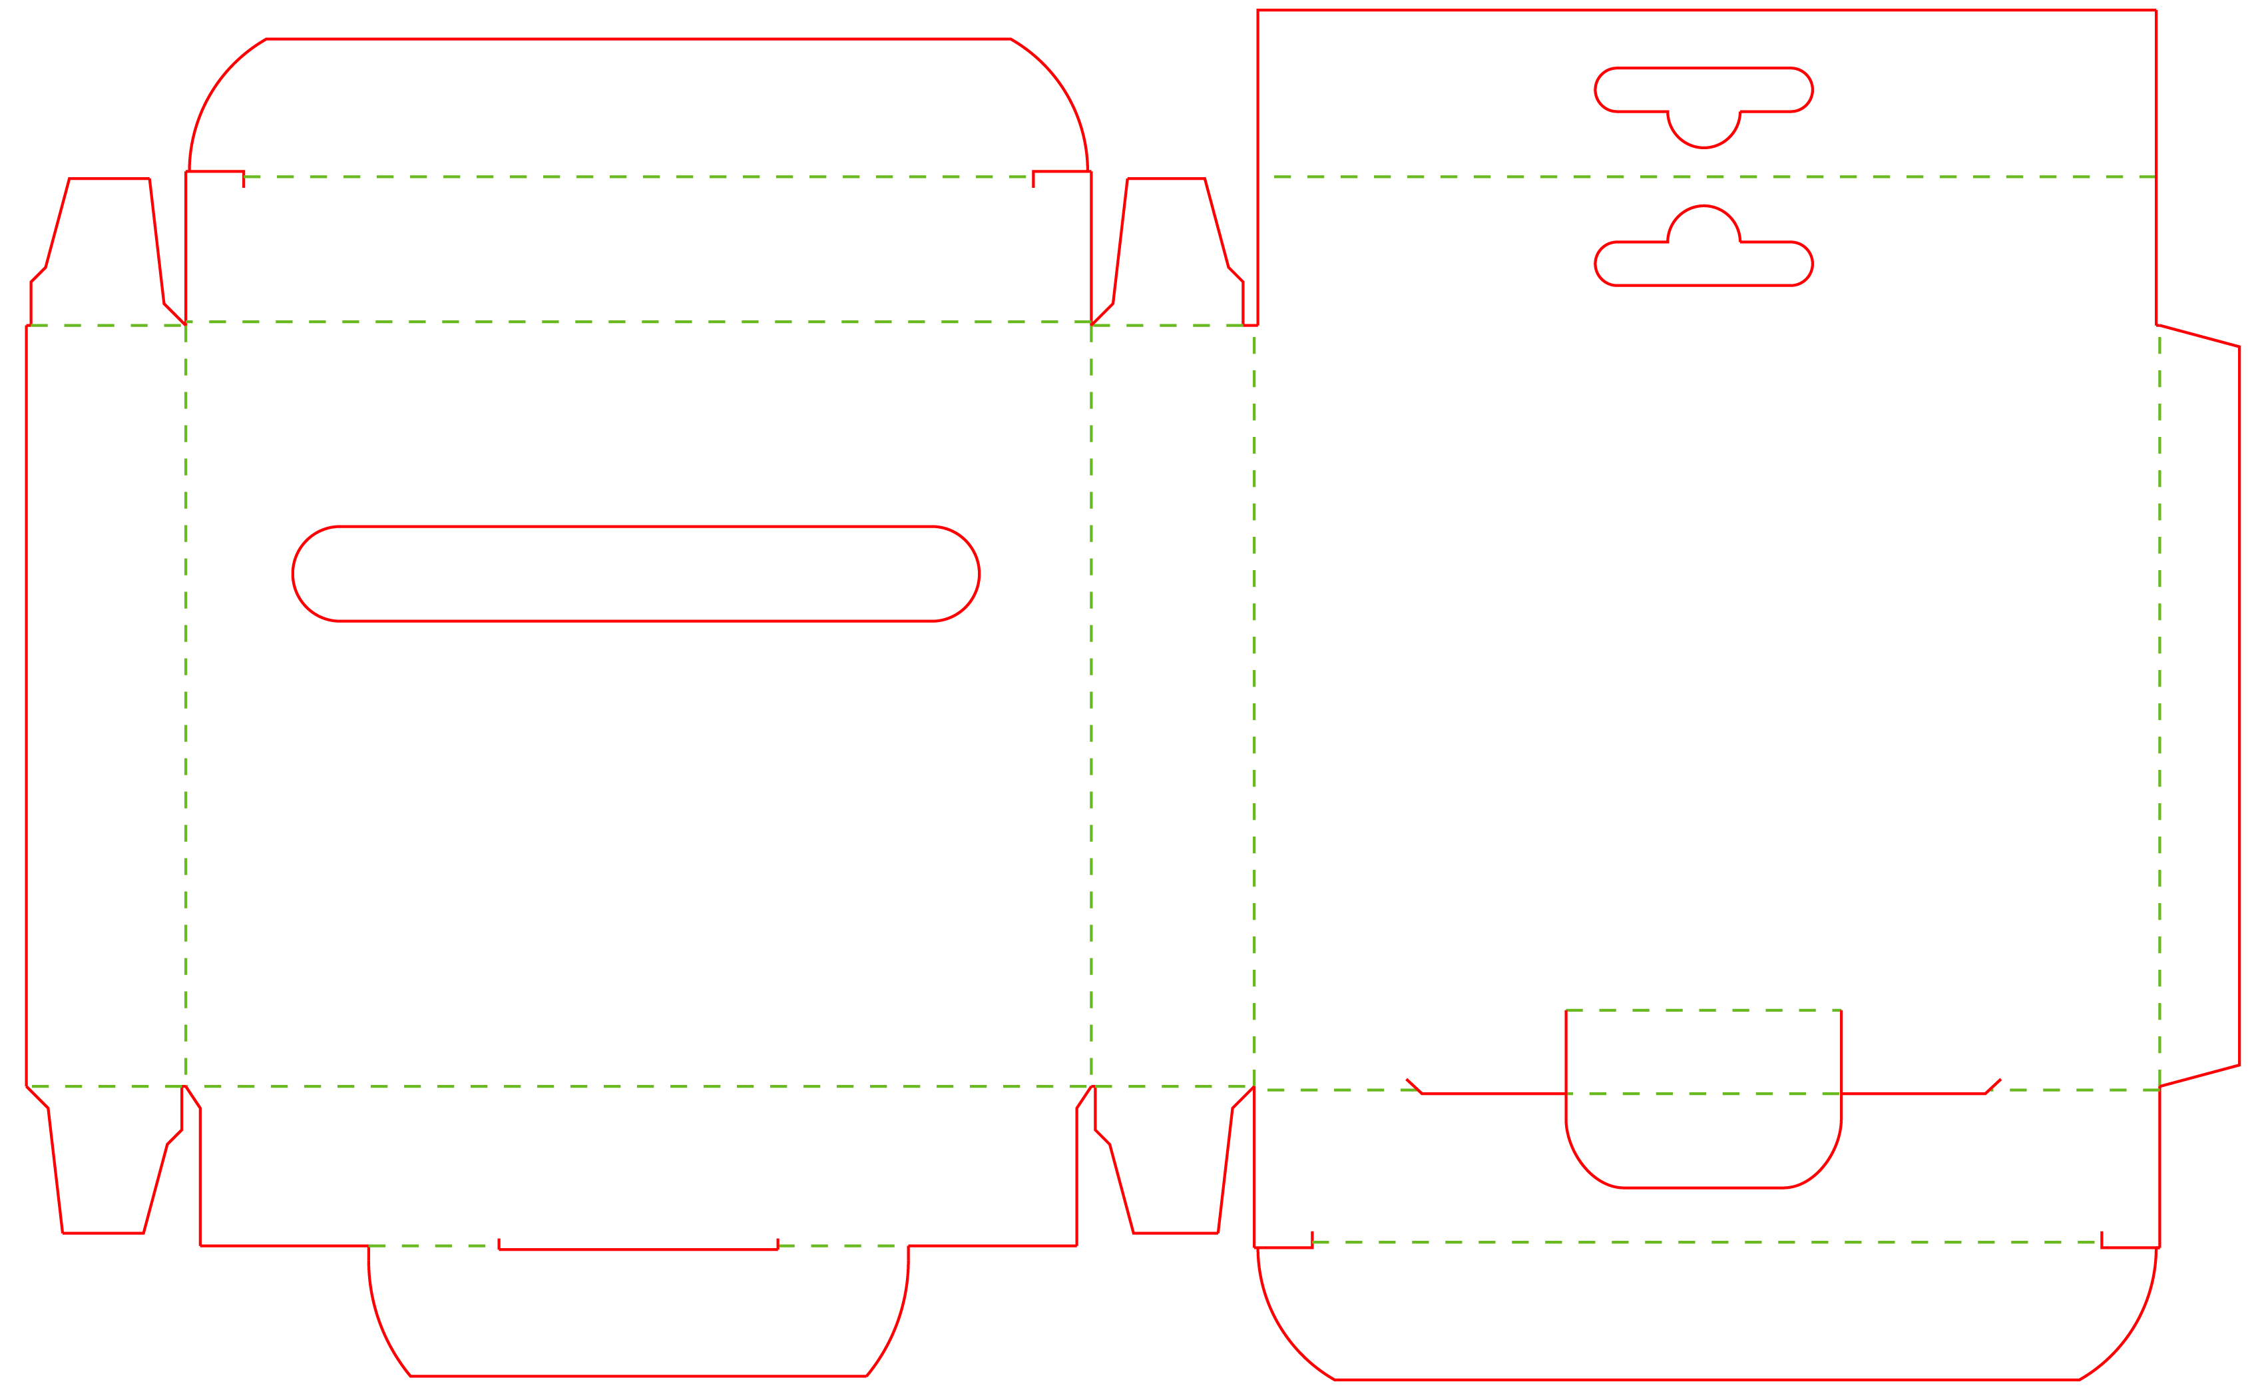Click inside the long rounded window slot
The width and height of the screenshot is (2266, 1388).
tap(634, 574)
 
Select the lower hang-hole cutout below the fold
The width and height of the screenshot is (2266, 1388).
tap(1703, 263)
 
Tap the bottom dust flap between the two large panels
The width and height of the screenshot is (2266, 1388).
tap(1168, 1168)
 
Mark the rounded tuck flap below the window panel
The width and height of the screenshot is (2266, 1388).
tap(638, 1315)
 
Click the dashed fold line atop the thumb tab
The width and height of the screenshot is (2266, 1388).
tap(1703, 1010)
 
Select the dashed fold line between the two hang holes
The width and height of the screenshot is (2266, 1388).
tap(1711, 176)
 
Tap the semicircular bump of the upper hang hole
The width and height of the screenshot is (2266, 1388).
tap(1703, 129)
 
